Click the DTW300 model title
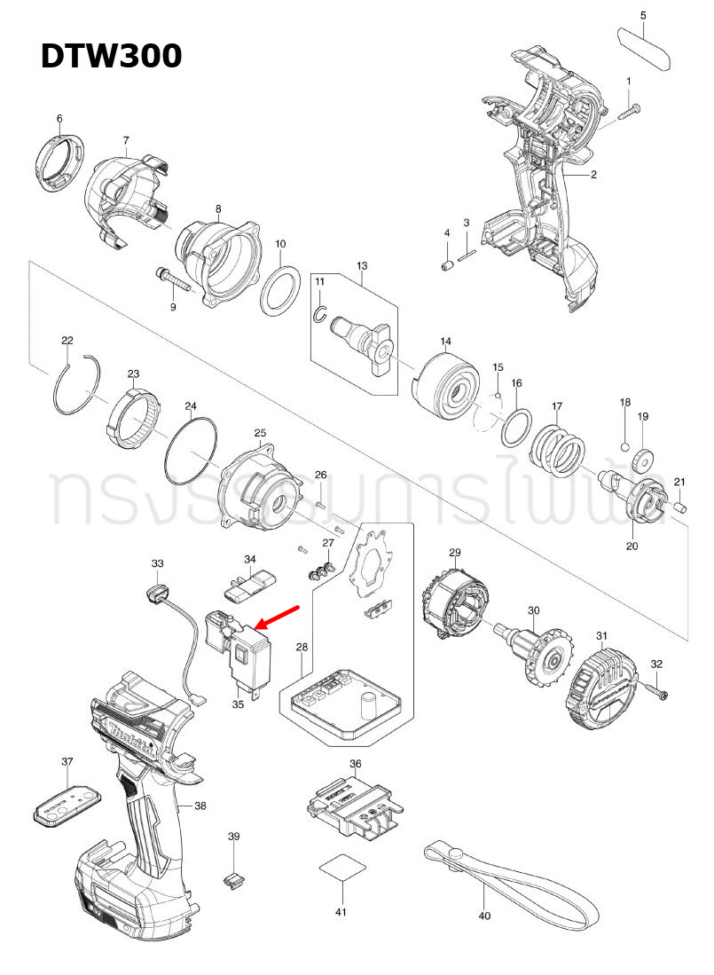point(112,56)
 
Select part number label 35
point(238,704)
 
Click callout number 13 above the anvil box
point(362,266)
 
